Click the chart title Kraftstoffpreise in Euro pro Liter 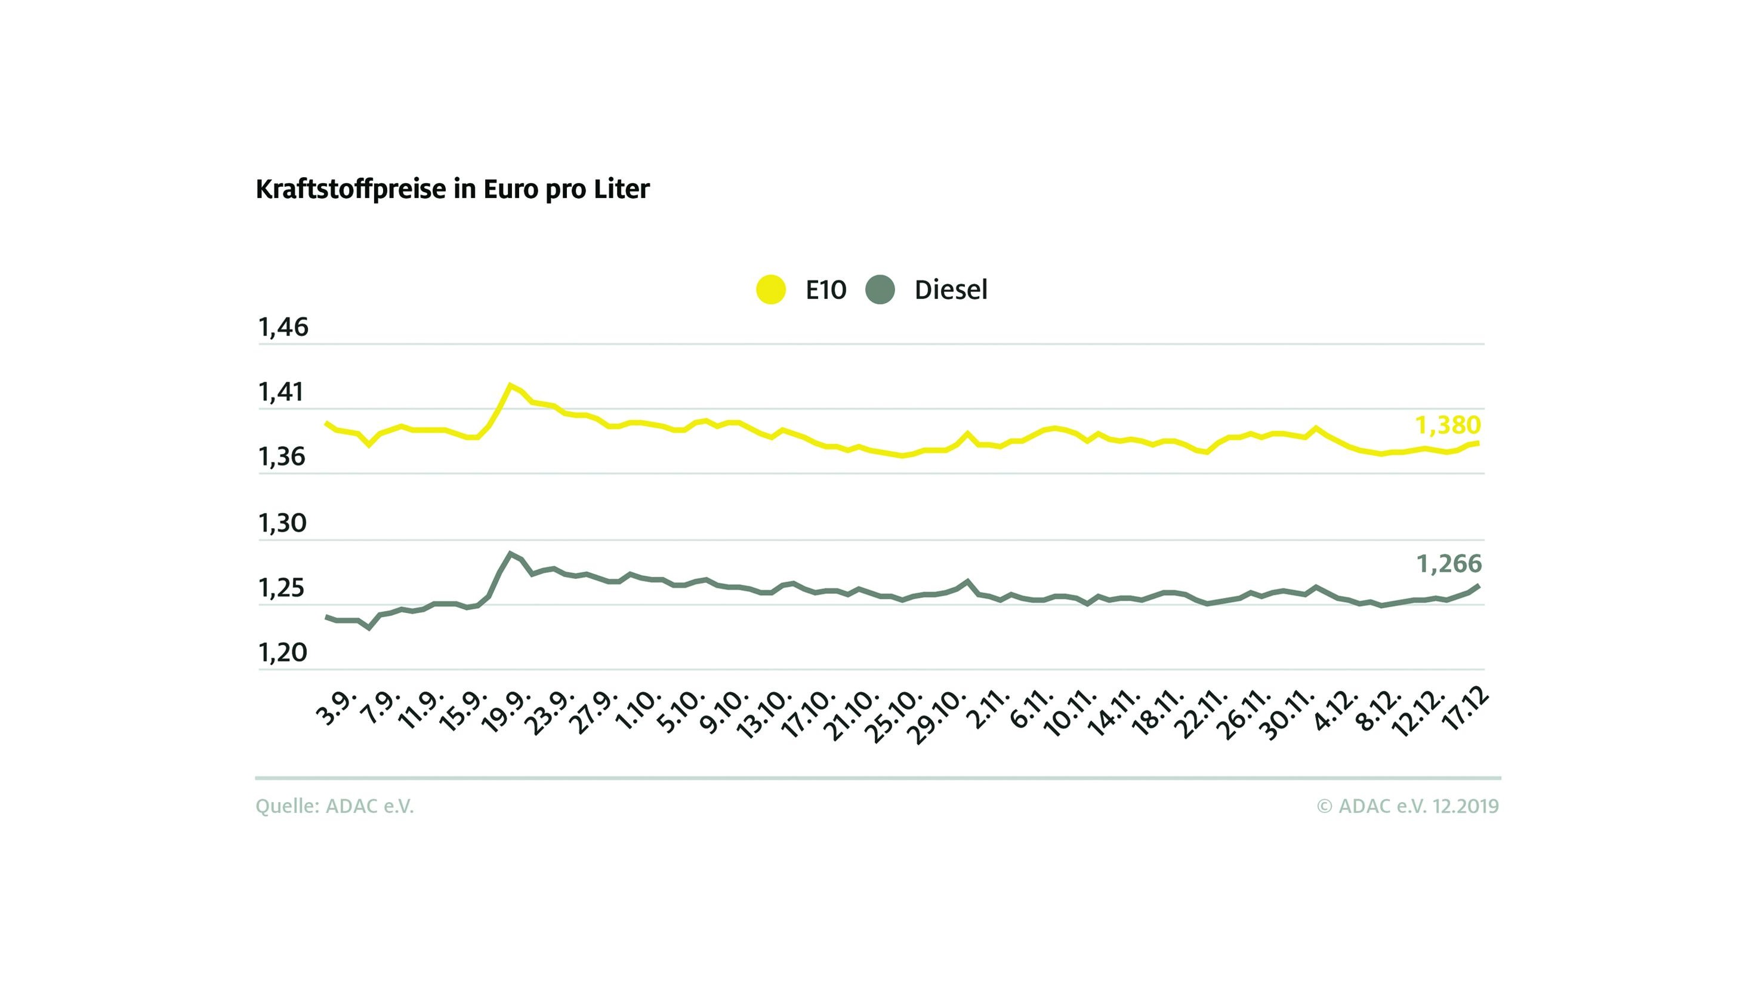(x=452, y=189)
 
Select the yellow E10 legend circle (x=770, y=290)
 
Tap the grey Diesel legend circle (x=880, y=290)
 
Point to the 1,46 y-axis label (x=283, y=328)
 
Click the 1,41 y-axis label (x=281, y=393)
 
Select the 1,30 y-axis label (x=282, y=524)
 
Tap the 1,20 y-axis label (x=282, y=653)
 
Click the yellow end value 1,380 (x=1447, y=425)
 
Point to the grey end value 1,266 (x=1448, y=564)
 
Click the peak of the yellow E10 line (x=510, y=386)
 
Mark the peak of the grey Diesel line (x=510, y=553)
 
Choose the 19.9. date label (x=506, y=712)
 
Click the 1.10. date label (x=639, y=712)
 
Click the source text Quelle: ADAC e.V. (x=334, y=806)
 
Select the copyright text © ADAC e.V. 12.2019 (x=1408, y=806)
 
